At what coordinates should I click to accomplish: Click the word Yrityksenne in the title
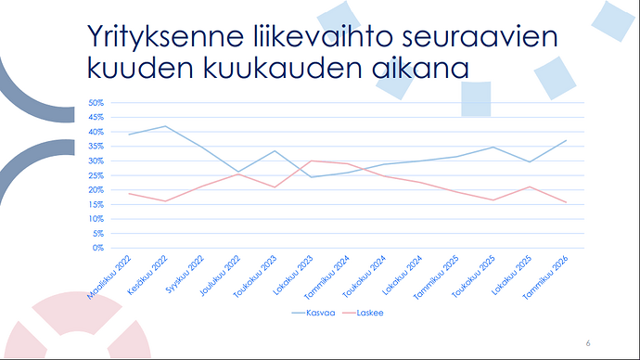(166, 36)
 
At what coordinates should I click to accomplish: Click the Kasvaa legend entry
(314, 313)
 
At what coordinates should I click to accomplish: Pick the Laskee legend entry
(363, 313)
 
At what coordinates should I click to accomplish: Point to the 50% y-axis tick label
(96, 103)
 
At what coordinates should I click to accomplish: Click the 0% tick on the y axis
(98, 248)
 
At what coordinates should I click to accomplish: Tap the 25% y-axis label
(96, 175)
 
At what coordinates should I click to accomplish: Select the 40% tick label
(96, 132)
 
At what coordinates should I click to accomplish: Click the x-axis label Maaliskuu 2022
(109, 277)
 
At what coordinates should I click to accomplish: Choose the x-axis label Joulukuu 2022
(220, 276)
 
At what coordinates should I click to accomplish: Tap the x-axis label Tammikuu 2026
(544, 277)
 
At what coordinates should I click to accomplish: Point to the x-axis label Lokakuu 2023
(293, 275)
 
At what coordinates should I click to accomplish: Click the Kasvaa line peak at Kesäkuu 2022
(165, 126)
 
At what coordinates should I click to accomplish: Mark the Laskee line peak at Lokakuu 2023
(311, 161)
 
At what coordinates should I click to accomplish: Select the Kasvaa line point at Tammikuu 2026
(566, 140)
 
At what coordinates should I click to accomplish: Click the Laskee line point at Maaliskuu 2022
(129, 194)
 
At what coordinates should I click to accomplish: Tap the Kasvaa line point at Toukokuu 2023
(275, 151)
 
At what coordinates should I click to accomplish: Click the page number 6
(588, 343)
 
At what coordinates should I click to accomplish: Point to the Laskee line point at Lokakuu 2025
(530, 186)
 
